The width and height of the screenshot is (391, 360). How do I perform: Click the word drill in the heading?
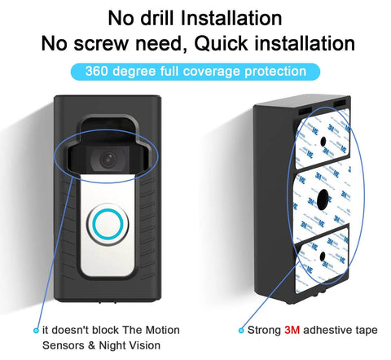pos(162,16)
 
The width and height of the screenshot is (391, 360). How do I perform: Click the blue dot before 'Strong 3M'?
pos(240,331)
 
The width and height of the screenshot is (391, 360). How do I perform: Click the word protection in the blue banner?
pos(275,72)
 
